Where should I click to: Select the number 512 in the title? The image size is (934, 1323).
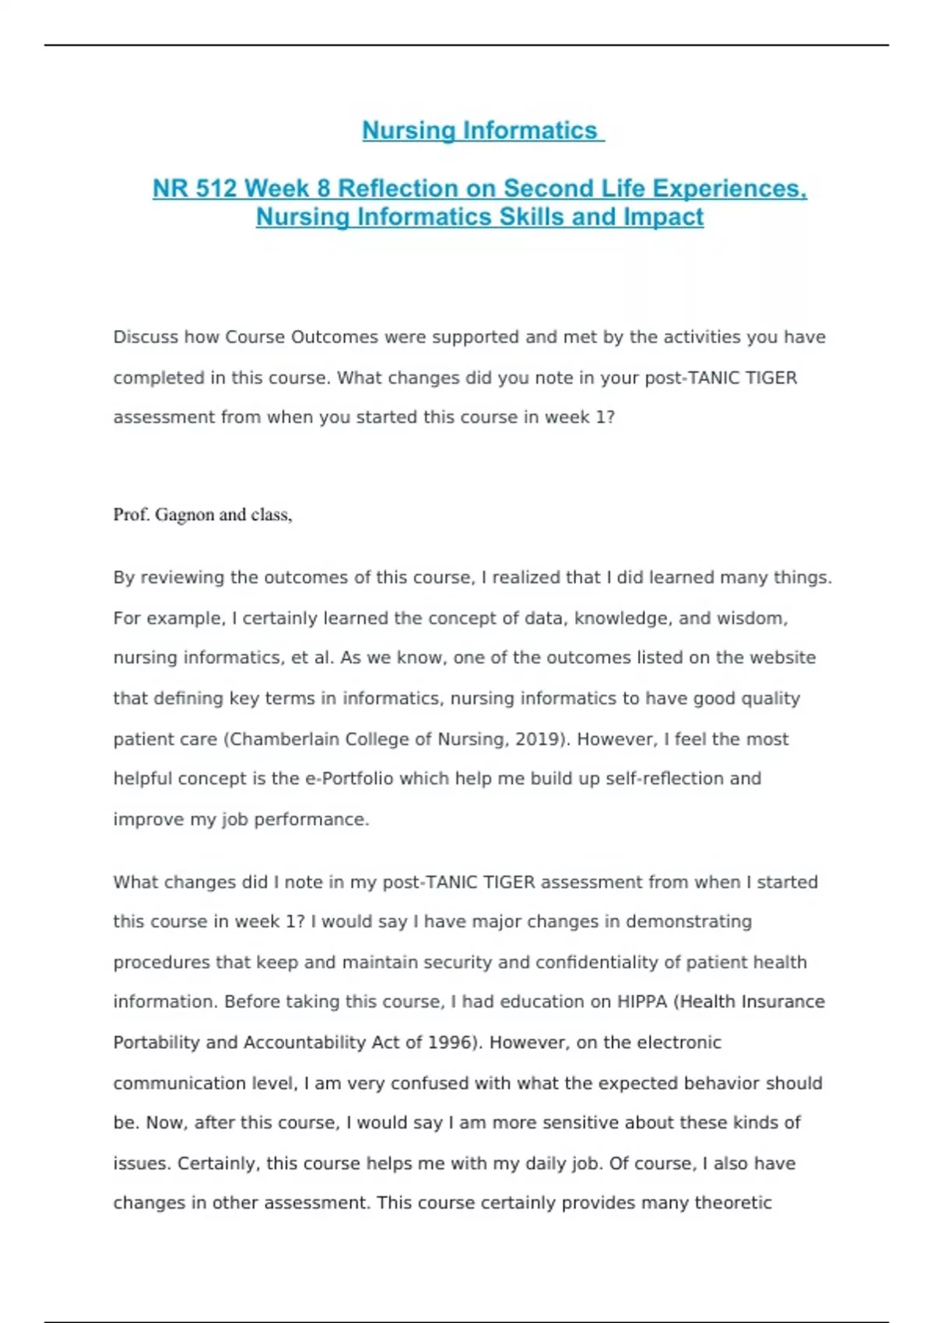(217, 188)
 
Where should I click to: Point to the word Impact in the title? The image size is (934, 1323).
(663, 216)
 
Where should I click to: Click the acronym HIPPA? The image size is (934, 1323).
(642, 1002)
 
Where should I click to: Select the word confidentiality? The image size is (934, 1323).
(586, 962)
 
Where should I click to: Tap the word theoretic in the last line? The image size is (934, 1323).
(732, 1202)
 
